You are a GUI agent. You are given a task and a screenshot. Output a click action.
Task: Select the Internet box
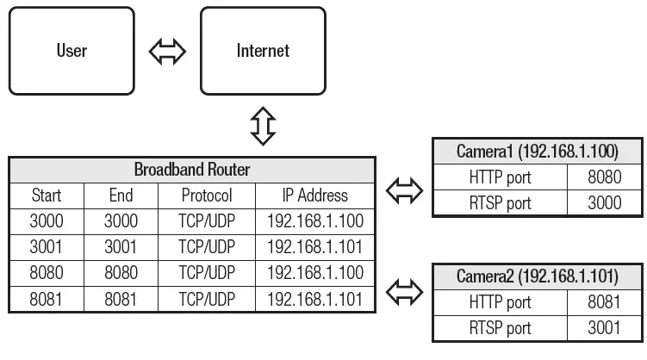pyautogui.click(x=263, y=50)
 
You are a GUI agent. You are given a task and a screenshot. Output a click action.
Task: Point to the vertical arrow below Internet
pyautogui.click(x=262, y=126)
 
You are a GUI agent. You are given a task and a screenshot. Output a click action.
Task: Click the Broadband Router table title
pyautogui.click(x=191, y=168)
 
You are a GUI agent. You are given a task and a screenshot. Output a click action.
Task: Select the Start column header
pyautogui.click(x=46, y=195)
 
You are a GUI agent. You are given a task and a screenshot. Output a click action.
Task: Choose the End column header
pyautogui.click(x=121, y=195)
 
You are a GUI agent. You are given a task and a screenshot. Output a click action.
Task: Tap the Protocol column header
pyautogui.click(x=207, y=195)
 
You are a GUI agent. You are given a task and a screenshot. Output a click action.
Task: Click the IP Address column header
pyautogui.click(x=314, y=195)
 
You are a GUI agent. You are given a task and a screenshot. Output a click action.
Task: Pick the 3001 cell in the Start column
pyautogui.click(x=46, y=248)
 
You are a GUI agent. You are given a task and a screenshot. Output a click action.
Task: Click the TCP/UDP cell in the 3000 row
pyautogui.click(x=207, y=221)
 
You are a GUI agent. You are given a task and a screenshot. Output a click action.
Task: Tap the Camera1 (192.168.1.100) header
pyautogui.click(x=538, y=152)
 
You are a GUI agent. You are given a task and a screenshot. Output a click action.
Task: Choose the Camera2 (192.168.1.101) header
pyautogui.click(x=538, y=276)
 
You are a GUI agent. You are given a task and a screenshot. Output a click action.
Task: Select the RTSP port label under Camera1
pyautogui.click(x=501, y=204)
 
